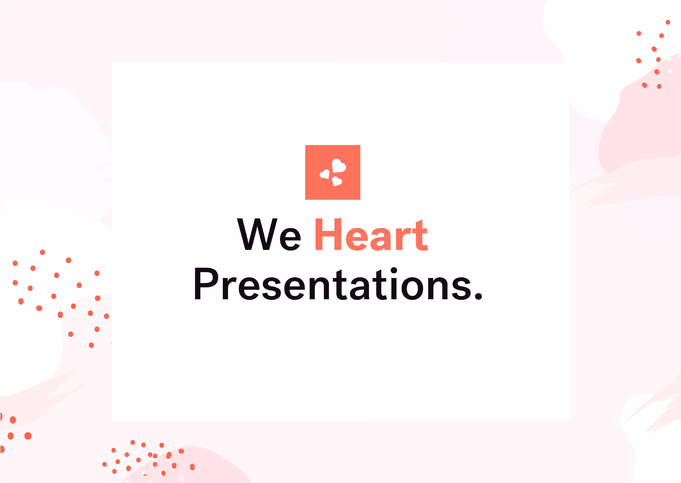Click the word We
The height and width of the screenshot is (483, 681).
click(269, 235)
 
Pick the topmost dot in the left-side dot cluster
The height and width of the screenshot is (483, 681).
click(42, 252)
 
